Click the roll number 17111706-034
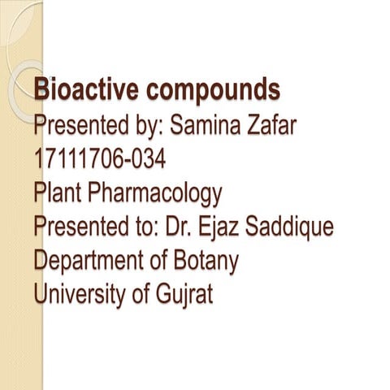pyautogui.click(x=100, y=158)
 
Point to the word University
pyautogui.click(x=80, y=295)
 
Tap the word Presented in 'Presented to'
pyautogui.click(x=80, y=227)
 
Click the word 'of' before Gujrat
pyautogui.click(x=139, y=295)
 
